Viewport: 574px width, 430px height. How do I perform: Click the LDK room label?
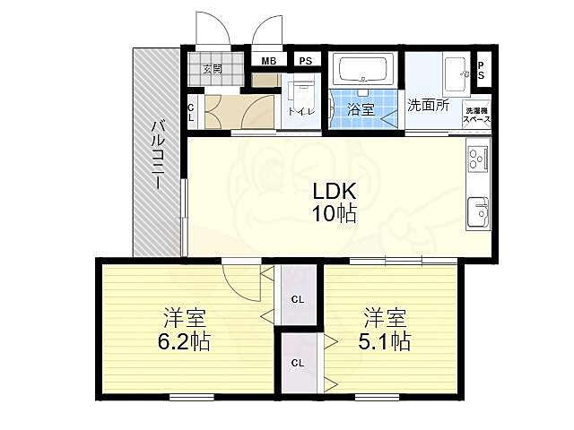coord(335,192)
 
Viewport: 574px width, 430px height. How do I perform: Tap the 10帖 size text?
coord(335,214)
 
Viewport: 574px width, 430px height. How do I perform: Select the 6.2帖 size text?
coord(187,341)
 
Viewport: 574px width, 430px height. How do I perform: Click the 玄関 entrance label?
coord(212,69)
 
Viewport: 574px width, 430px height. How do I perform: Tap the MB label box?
coord(268,61)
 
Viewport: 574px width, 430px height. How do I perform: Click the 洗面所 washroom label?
coord(428,105)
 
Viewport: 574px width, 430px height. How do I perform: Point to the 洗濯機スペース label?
coord(476,115)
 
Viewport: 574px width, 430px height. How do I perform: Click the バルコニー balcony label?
coord(156,153)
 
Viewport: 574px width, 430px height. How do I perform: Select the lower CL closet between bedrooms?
coord(297,363)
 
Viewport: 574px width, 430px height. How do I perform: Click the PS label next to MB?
coord(306,61)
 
